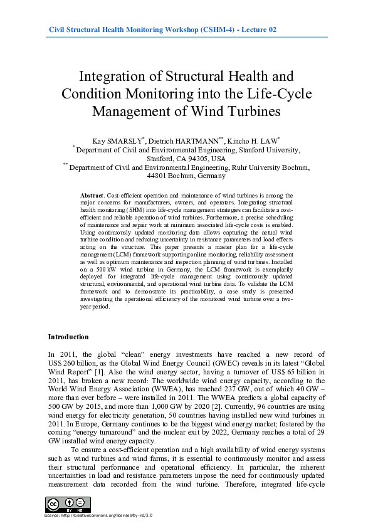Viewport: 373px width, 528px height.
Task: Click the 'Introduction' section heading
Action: point(68,337)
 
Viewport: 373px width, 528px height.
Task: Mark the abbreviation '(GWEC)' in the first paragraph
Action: point(218,362)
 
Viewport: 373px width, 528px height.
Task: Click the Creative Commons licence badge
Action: point(68,504)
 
